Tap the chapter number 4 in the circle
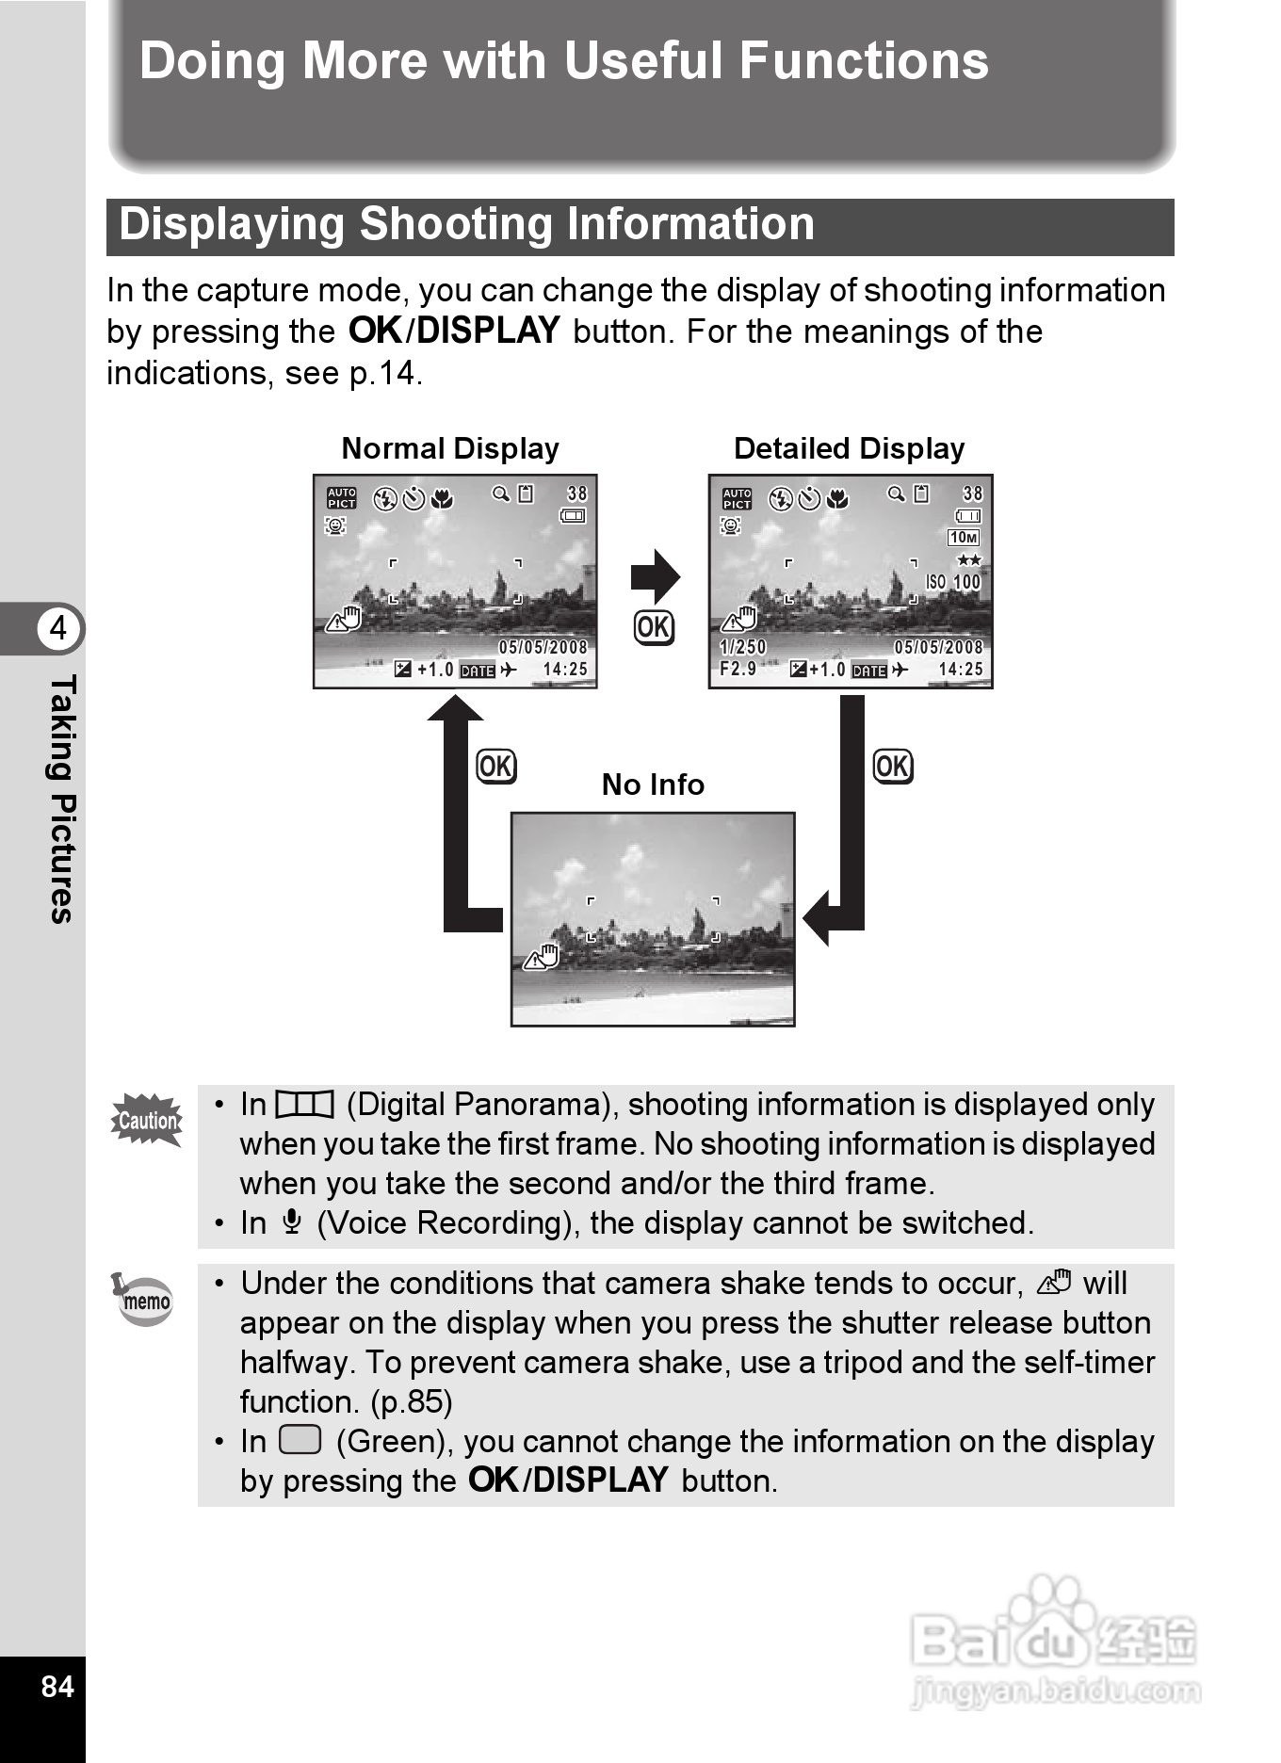(x=58, y=627)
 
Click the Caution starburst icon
(x=147, y=1120)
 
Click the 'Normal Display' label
(x=450, y=448)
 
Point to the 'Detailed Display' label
(x=849, y=448)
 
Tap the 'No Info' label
(x=653, y=784)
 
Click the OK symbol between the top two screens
(x=654, y=627)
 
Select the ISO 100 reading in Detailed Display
(x=953, y=582)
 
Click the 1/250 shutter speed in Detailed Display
(x=743, y=647)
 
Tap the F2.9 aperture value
(x=738, y=669)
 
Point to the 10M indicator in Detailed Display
(x=964, y=538)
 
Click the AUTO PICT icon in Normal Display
(x=341, y=498)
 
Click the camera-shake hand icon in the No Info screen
(x=542, y=958)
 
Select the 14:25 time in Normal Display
(x=565, y=670)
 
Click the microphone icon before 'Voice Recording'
(x=292, y=1222)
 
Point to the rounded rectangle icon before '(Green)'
(x=300, y=1440)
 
